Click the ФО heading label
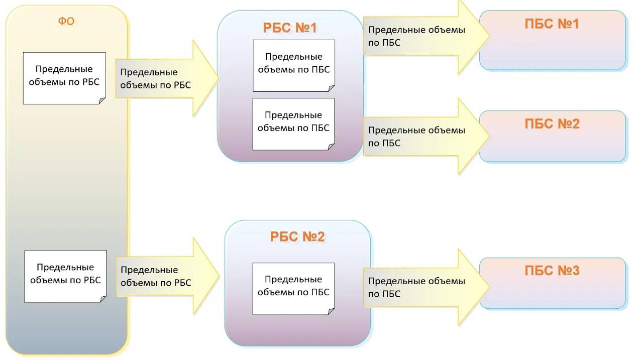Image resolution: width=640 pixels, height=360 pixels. click(66, 22)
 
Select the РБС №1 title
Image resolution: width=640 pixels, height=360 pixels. click(290, 28)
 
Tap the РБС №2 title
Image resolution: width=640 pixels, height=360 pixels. click(297, 236)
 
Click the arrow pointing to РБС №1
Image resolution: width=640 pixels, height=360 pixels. click(166, 79)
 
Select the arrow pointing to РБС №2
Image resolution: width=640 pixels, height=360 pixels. click(166, 277)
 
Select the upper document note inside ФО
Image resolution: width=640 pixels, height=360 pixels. click(64, 78)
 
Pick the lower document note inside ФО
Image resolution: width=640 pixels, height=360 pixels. click(65, 276)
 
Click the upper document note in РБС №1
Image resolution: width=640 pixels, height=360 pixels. click(294, 66)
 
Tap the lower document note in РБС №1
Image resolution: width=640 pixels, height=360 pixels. click(293, 124)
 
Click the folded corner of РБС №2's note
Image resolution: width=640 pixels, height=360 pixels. click(332, 311)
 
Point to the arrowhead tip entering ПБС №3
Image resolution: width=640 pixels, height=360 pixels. click(488, 288)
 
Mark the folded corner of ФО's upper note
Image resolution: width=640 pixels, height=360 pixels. click(102, 101)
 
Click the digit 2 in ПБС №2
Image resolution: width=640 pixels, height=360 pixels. click(575, 124)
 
